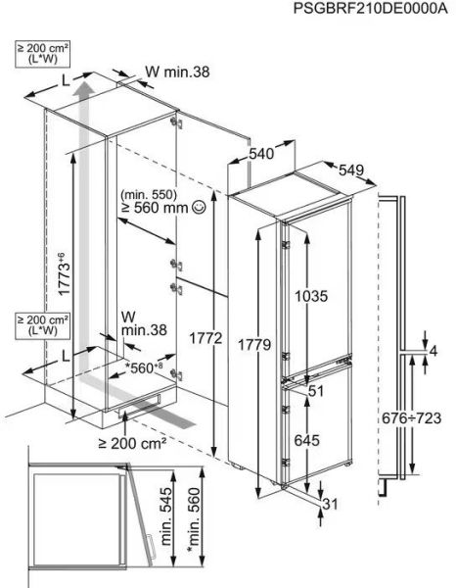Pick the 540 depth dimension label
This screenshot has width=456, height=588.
[259, 154]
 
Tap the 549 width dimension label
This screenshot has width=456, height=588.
[350, 171]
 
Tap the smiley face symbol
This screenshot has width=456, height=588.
[200, 208]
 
